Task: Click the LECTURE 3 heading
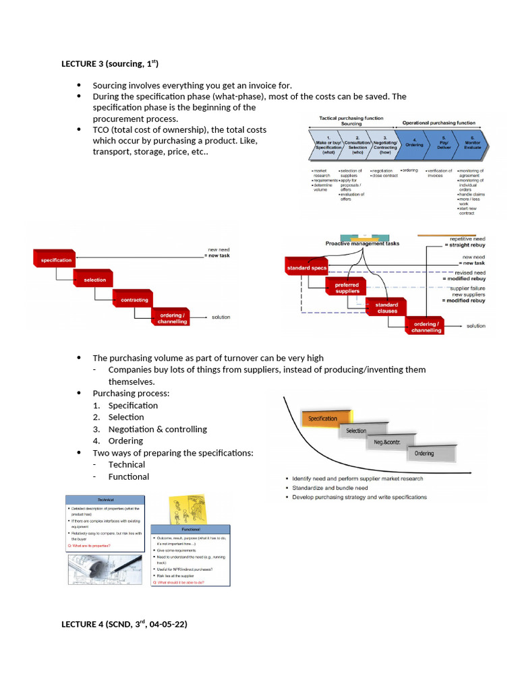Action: pos(109,64)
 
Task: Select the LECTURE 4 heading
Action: pos(124,624)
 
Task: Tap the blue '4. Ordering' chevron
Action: pos(414,144)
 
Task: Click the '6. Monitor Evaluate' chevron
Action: pos(471,144)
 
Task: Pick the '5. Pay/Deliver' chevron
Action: pos(443,144)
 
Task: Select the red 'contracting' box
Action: pos(134,300)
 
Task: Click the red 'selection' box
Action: pos(94,279)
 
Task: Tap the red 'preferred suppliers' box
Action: pos(347,288)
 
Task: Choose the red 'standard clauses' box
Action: pos(387,307)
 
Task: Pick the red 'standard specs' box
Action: pos(307,268)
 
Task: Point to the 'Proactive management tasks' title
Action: pos(362,243)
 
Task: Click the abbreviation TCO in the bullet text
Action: pos(103,129)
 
